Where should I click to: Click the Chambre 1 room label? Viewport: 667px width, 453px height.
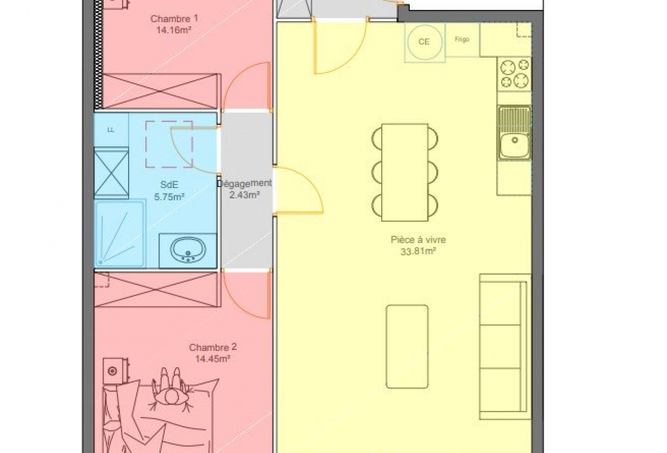(174, 19)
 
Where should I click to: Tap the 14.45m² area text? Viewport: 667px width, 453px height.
(212, 359)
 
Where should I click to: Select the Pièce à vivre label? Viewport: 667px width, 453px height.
(418, 240)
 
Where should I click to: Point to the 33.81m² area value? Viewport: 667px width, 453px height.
(418, 251)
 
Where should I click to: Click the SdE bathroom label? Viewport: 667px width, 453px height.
(169, 185)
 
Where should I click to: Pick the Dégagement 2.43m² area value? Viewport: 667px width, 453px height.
(244, 195)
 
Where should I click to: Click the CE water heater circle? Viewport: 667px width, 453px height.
(424, 42)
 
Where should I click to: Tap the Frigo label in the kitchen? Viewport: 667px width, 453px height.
(462, 40)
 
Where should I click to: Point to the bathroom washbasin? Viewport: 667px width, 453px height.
(188, 249)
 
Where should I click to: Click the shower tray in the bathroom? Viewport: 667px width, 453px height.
(120, 233)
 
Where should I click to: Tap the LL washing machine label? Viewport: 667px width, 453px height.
(111, 130)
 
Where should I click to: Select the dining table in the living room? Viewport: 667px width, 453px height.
(404, 172)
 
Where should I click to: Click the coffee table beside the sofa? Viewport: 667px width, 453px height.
(406, 346)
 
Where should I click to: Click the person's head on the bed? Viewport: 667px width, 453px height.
(170, 396)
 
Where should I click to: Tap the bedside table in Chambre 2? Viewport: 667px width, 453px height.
(114, 370)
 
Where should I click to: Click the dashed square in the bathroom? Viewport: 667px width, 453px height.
(169, 144)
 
